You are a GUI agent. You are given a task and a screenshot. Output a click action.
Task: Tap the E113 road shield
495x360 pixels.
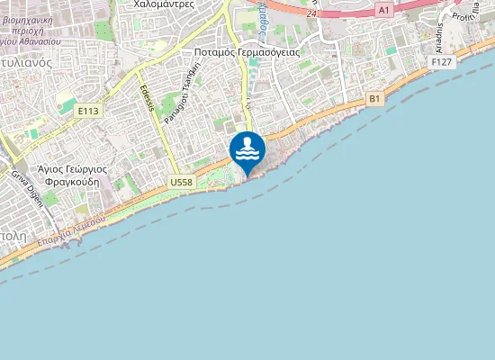[87, 111]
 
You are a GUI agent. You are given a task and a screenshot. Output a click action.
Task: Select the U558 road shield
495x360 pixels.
[181, 183]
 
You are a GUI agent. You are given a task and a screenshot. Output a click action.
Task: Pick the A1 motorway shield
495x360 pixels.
[384, 10]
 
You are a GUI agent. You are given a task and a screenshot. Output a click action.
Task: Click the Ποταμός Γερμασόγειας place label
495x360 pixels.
[247, 52]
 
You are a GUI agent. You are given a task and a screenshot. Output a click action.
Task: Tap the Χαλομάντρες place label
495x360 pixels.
[165, 4]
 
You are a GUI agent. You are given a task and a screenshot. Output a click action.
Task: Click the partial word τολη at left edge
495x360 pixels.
[12, 233]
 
